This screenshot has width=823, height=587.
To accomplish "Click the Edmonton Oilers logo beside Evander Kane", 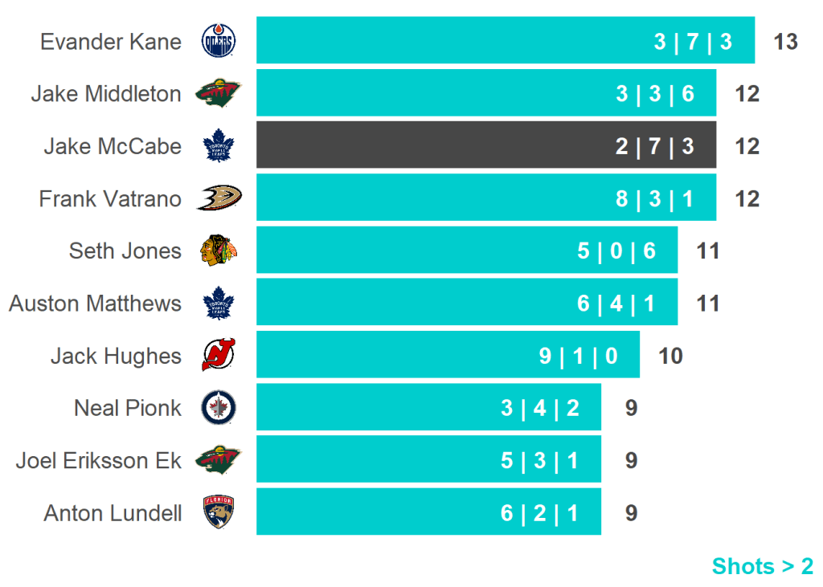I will [219, 41].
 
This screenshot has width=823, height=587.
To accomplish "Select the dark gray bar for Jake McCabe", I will [485, 145].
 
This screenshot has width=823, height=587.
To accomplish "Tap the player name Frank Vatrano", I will [110, 198].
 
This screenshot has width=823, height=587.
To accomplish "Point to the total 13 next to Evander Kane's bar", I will [785, 41].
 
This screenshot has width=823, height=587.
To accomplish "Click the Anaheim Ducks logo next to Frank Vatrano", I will [219, 198].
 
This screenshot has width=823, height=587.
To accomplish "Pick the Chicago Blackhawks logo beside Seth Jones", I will [219, 251].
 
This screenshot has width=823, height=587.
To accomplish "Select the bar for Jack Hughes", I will [448, 355].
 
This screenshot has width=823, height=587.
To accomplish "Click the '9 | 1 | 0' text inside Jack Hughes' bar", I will [578, 356].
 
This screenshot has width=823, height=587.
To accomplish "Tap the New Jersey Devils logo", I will [219, 355].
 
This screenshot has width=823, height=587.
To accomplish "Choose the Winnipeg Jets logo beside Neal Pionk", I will [219, 408].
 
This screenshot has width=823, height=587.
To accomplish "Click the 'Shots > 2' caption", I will [762, 566].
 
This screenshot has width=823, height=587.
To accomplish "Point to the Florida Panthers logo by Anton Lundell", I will [219, 512].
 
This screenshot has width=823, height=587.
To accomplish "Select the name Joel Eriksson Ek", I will [98, 461].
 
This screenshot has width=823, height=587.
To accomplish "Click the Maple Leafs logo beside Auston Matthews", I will [219, 304].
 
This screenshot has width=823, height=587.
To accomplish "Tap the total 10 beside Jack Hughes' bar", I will [670, 356].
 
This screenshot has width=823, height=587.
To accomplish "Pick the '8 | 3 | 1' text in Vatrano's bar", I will [654, 198].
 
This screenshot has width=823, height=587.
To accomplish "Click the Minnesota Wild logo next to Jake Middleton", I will [219, 94].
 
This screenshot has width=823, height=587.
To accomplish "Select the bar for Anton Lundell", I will [428, 512].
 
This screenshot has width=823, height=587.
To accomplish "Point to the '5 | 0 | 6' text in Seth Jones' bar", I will [616, 251].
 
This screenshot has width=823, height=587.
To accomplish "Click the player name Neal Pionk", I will [128, 408].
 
